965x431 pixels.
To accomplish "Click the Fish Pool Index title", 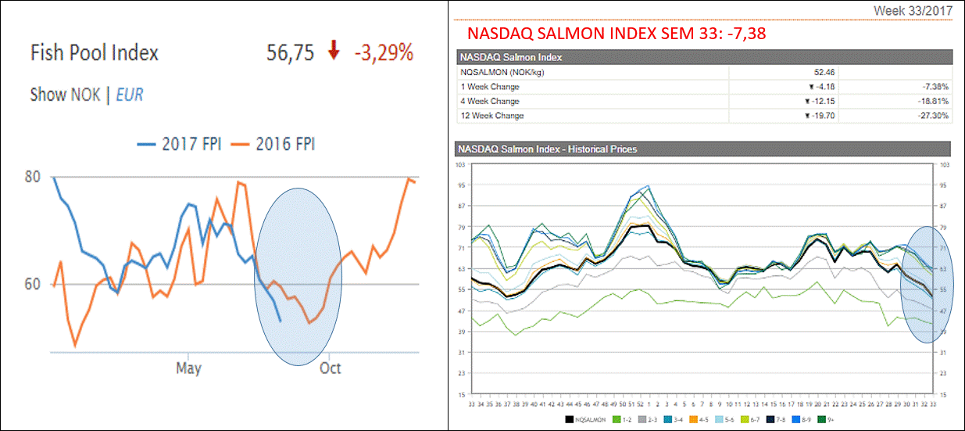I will (94, 53).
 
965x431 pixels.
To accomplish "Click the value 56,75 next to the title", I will (290, 53).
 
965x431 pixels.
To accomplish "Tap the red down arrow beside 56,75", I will (334, 52).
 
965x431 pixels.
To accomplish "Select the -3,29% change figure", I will (383, 53).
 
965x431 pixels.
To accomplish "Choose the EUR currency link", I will (129, 95).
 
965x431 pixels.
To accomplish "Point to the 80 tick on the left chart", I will (33, 177).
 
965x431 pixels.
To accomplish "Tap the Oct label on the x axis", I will (330, 368).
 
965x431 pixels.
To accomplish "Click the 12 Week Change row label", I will (492, 116).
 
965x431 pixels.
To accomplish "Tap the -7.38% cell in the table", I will (935, 87).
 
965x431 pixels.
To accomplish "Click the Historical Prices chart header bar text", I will (548, 149).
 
